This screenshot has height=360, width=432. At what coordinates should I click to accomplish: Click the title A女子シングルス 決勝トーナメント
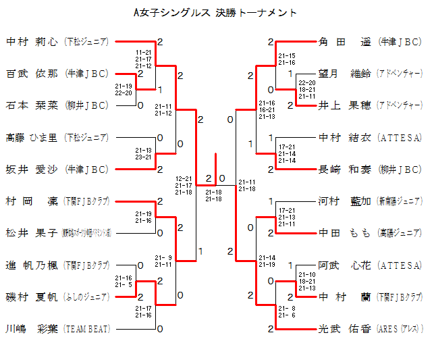(216, 13)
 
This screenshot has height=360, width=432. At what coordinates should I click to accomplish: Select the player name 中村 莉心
(32, 42)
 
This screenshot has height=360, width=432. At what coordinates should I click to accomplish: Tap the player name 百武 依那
(32, 74)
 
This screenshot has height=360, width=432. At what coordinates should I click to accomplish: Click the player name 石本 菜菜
(32, 105)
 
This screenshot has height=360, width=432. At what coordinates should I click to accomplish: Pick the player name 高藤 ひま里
(32, 138)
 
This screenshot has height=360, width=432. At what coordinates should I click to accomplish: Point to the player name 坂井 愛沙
(32, 169)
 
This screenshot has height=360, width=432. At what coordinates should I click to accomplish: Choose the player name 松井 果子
(32, 233)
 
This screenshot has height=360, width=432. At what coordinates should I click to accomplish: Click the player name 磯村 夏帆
(32, 297)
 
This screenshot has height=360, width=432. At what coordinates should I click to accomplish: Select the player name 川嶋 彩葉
(32, 329)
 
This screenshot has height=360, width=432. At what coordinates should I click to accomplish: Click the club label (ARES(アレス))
(401, 330)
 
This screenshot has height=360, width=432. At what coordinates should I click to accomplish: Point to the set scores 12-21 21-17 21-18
(184, 185)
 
